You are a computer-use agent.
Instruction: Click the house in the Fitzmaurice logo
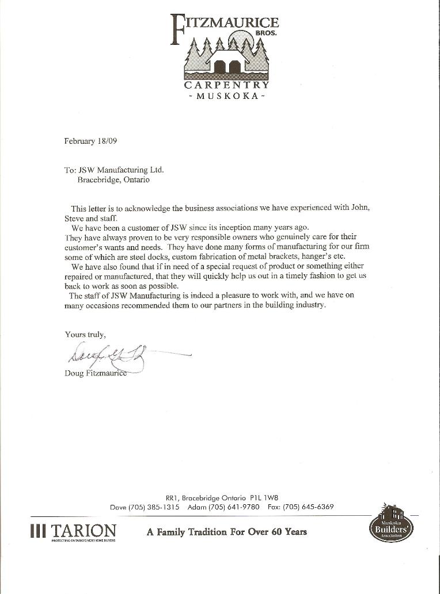point(226,62)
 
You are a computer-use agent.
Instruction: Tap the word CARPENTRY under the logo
point(226,85)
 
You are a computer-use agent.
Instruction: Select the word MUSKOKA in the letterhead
point(226,96)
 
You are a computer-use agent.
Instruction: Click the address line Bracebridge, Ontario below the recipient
point(113,179)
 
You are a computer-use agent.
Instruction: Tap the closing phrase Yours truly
point(85,334)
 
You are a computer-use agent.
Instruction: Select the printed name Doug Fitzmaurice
point(96,374)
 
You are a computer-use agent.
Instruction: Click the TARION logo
point(73,532)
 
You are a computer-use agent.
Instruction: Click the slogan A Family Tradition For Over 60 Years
point(226,532)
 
